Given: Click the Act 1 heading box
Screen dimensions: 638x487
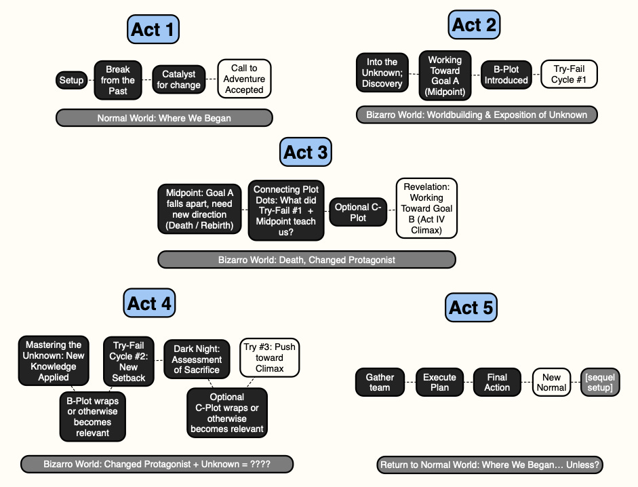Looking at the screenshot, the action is [x=153, y=29].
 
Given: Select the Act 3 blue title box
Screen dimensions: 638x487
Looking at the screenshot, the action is [x=306, y=152].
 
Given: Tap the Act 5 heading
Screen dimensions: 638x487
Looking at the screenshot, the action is [x=471, y=307].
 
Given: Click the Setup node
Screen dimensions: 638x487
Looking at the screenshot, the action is [x=72, y=80].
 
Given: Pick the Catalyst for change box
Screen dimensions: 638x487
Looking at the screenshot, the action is [x=178, y=79].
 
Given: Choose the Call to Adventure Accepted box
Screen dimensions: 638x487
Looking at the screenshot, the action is [x=244, y=79].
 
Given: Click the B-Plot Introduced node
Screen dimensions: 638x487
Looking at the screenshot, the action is [x=506, y=75].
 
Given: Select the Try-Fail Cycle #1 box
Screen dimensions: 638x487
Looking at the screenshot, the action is [x=569, y=74].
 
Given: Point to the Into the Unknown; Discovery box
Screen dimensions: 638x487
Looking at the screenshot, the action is [x=382, y=73].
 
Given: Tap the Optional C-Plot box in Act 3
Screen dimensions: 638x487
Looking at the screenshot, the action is [x=358, y=212].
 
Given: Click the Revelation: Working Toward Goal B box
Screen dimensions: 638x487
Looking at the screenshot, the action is [x=426, y=208].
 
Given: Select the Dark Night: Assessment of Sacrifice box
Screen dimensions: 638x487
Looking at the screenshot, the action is [x=197, y=359].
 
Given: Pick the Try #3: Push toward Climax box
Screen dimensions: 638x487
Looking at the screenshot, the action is [x=269, y=357].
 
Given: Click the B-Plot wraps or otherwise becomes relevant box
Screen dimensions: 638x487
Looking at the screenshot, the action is [x=92, y=416].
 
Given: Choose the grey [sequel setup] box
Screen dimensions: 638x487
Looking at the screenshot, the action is [x=600, y=382].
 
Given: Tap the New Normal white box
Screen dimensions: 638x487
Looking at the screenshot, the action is [x=551, y=382].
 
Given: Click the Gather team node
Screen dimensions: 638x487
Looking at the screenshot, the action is [x=380, y=382].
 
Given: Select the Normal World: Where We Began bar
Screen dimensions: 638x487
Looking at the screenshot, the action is [x=164, y=118].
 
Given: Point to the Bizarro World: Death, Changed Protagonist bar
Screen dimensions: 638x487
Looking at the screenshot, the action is [x=306, y=260].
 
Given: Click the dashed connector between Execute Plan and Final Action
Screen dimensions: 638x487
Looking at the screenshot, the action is [x=468, y=382].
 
